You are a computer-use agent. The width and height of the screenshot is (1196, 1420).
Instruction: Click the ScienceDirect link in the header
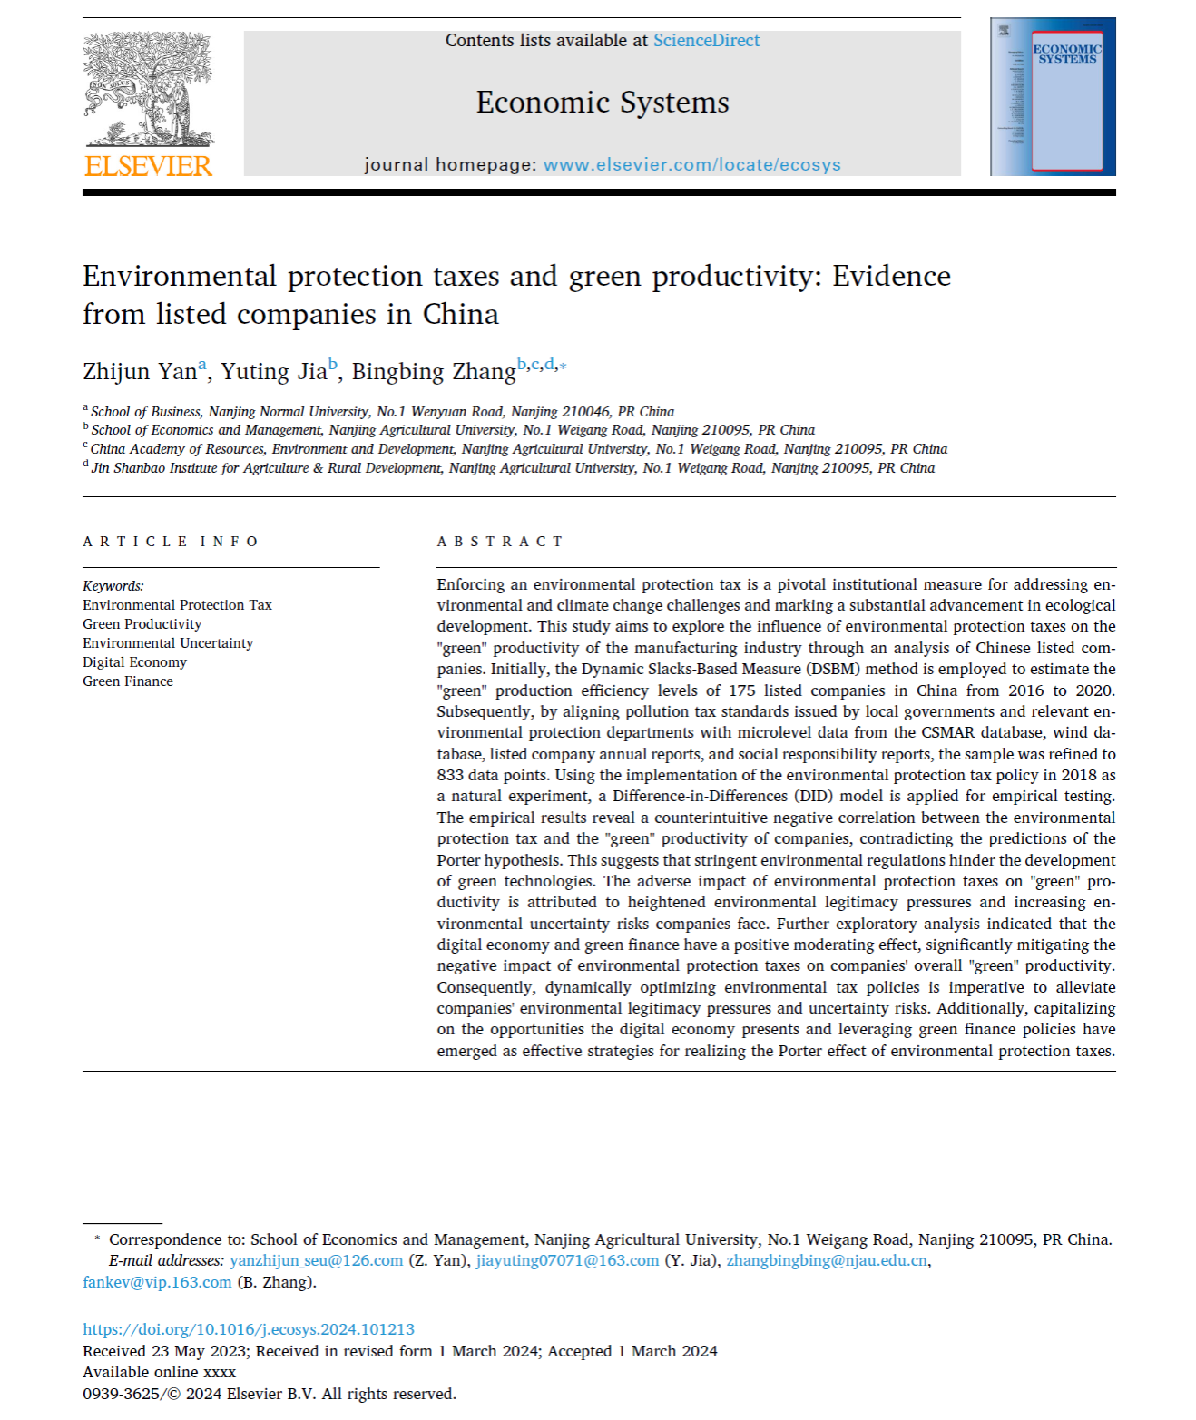pyautogui.click(x=706, y=41)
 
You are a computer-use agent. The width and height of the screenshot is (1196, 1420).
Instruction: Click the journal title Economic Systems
pyautogui.click(x=603, y=103)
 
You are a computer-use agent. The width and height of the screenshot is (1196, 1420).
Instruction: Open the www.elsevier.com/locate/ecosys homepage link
pyautogui.click(x=691, y=165)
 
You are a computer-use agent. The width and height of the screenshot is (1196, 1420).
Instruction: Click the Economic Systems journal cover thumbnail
pyautogui.click(x=1053, y=97)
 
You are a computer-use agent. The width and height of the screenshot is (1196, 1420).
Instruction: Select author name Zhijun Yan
pyautogui.click(x=140, y=372)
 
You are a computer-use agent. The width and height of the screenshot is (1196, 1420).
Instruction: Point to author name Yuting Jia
pyautogui.click(x=274, y=372)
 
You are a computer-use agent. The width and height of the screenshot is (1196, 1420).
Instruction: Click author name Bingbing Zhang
pyautogui.click(x=434, y=372)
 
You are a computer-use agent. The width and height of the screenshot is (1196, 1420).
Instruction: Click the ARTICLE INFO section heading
pyautogui.click(x=171, y=542)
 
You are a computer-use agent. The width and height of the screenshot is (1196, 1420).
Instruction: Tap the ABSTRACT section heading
pyautogui.click(x=500, y=542)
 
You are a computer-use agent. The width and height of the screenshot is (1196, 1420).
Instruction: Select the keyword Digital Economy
pyautogui.click(x=134, y=662)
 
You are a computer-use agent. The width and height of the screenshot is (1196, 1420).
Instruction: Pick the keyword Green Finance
pyautogui.click(x=128, y=681)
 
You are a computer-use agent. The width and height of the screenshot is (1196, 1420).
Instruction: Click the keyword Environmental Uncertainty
pyautogui.click(x=168, y=643)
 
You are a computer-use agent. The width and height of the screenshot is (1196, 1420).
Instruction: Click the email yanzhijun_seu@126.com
pyautogui.click(x=316, y=1261)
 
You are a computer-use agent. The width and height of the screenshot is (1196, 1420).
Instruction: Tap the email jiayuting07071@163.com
pyautogui.click(x=567, y=1261)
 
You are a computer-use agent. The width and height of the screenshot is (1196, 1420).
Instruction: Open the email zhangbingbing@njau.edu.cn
pyautogui.click(x=827, y=1261)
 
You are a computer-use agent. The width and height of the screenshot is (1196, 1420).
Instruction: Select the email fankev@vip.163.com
pyautogui.click(x=157, y=1283)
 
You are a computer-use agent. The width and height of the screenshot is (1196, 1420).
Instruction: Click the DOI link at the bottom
pyautogui.click(x=249, y=1330)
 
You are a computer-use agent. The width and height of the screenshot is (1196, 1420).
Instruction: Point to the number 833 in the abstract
pyautogui.click(x=451, y=776)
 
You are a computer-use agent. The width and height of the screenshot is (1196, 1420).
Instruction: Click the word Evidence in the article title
pyautogui.click(x=892, y=277)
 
